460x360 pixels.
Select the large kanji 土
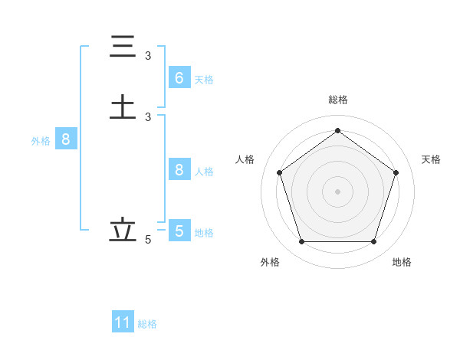(123, 106)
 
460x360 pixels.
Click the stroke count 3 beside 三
(148, 56)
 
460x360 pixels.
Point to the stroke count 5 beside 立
(148, 240)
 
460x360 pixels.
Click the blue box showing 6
(179, 78)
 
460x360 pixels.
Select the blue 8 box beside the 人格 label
(179, 170)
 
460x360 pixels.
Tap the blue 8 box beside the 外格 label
(66, 140)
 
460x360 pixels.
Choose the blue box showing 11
(123, 322)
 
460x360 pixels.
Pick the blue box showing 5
(179, 231)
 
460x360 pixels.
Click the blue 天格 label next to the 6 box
(204, 80)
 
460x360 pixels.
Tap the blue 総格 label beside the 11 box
(147, 324)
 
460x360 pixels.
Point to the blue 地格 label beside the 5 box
(204, 233)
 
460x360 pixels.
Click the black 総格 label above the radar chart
(337, 100)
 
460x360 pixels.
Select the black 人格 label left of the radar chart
(245, 159)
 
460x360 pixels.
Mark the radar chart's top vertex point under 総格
(337, 130)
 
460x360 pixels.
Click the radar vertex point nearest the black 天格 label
(396, 172)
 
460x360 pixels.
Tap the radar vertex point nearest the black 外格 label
(301, 241)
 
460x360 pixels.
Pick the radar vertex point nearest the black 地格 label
(373, 241)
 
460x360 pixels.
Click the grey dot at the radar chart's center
(337, 191)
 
